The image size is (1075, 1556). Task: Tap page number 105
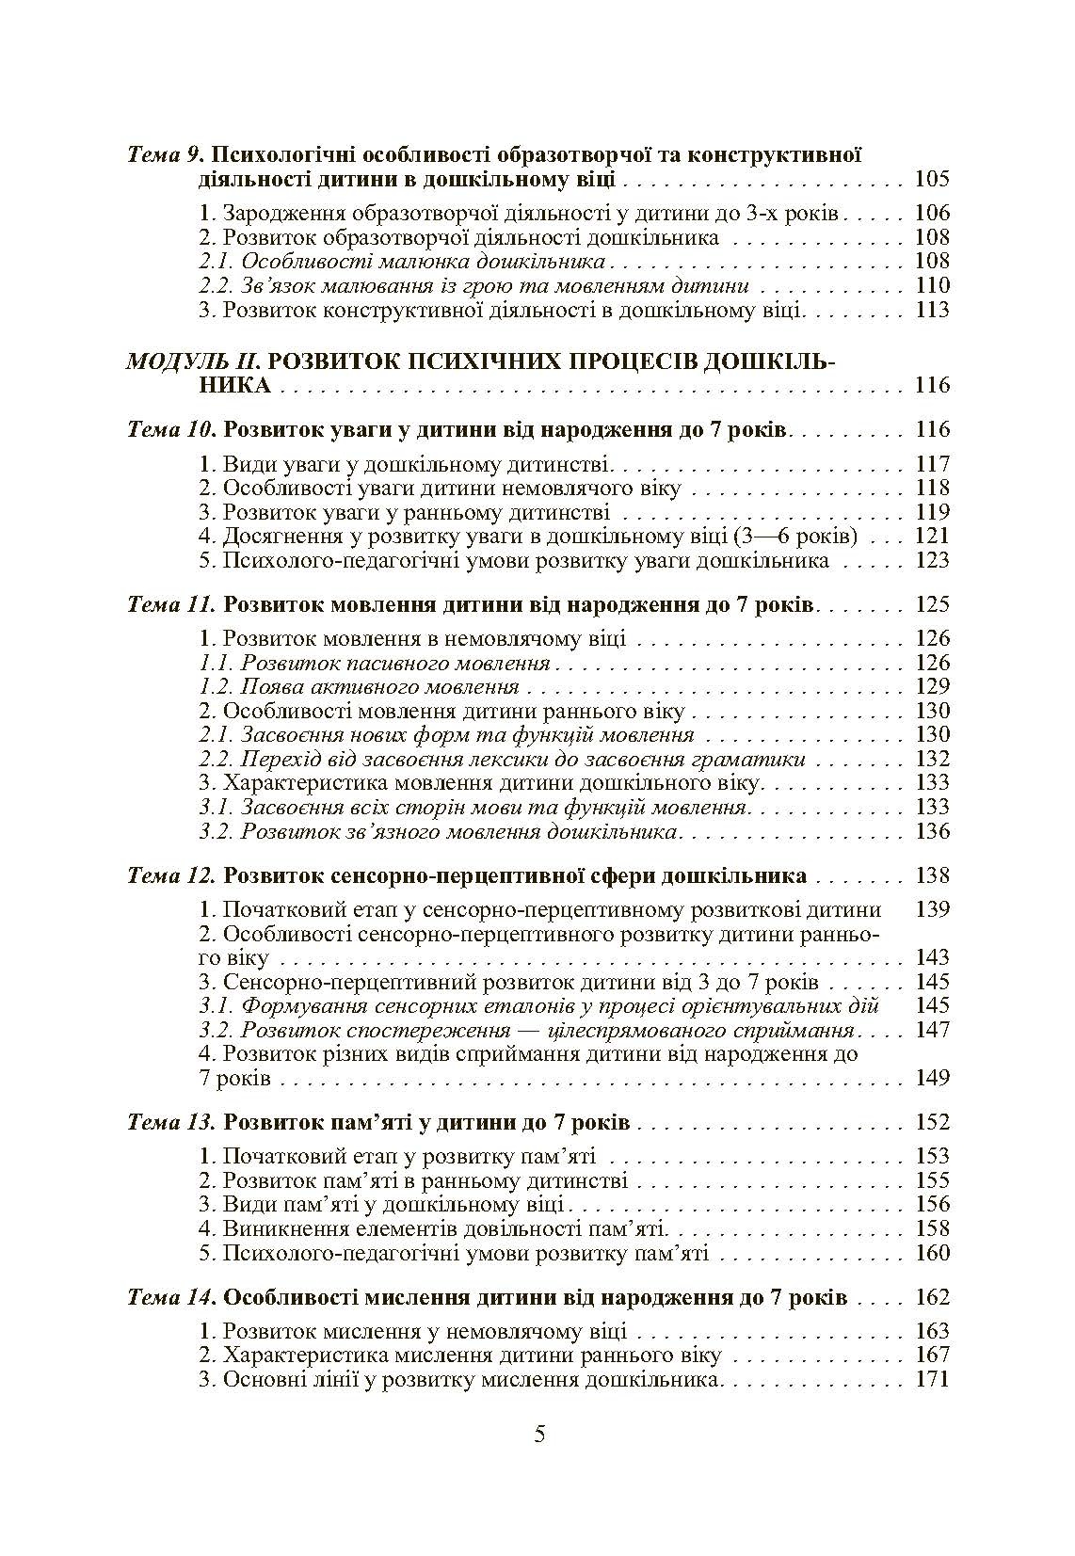[x=931, y=179]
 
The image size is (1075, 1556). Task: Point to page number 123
[x=931, y=561]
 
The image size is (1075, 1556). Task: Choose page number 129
[x=931, y=687]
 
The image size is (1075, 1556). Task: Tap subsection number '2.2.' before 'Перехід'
[x=216, y=759]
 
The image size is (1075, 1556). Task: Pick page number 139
[x=931, y=910]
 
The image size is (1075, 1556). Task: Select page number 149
[x=931, y=1078]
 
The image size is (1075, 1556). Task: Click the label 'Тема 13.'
[x=170, y=1123]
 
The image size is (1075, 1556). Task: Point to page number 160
[x=931, y=1254]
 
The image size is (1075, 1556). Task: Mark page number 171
[x=931, y=1381]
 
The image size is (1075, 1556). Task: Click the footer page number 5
[x=539, y=1435]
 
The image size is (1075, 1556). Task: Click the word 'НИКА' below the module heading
[x=234, y=385]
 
